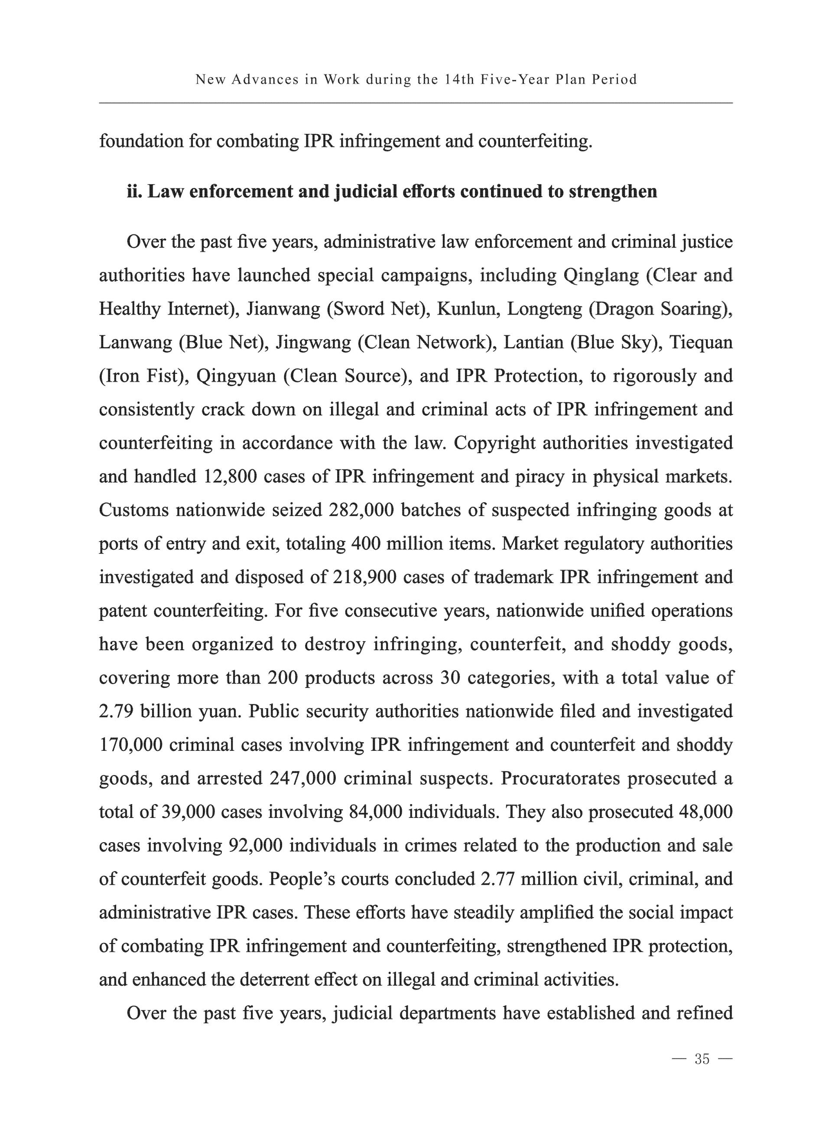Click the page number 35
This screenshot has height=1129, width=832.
click(702, 1059)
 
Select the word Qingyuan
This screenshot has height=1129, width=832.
click(236, 376)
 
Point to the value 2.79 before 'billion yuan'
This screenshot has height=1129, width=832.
click(116, 711)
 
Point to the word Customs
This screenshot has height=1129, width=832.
click(133, 510)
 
